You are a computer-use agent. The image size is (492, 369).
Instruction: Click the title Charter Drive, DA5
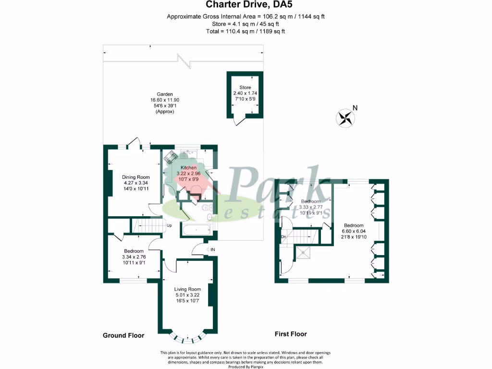[x=246, y=5]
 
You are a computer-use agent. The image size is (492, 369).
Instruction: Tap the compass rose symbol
[x=344, y=118]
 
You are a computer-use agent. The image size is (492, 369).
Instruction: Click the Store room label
[x=245, y=87]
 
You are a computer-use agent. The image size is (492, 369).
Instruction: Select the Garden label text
[x=164, y=94]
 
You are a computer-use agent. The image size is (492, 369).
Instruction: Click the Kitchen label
[x=188, y=167]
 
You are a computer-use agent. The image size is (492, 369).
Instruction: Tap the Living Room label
[x=187, y=289]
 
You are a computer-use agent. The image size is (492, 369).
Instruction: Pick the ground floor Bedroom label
[x=134, y=251]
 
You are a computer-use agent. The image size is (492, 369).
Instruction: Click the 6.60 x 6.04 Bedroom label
[x=353, y=225]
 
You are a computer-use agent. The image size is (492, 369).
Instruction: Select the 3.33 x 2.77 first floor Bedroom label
[x=311, y=201]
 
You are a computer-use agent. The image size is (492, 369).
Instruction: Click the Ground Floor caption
[x=123, y=335]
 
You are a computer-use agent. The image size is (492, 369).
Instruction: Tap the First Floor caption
[x=290, y=334]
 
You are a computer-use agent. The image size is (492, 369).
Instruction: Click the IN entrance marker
[x=212, y=249]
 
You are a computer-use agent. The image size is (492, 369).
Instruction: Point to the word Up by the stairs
[x=169, y=225]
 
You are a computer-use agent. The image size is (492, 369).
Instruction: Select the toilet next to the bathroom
[x=206, y=209]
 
